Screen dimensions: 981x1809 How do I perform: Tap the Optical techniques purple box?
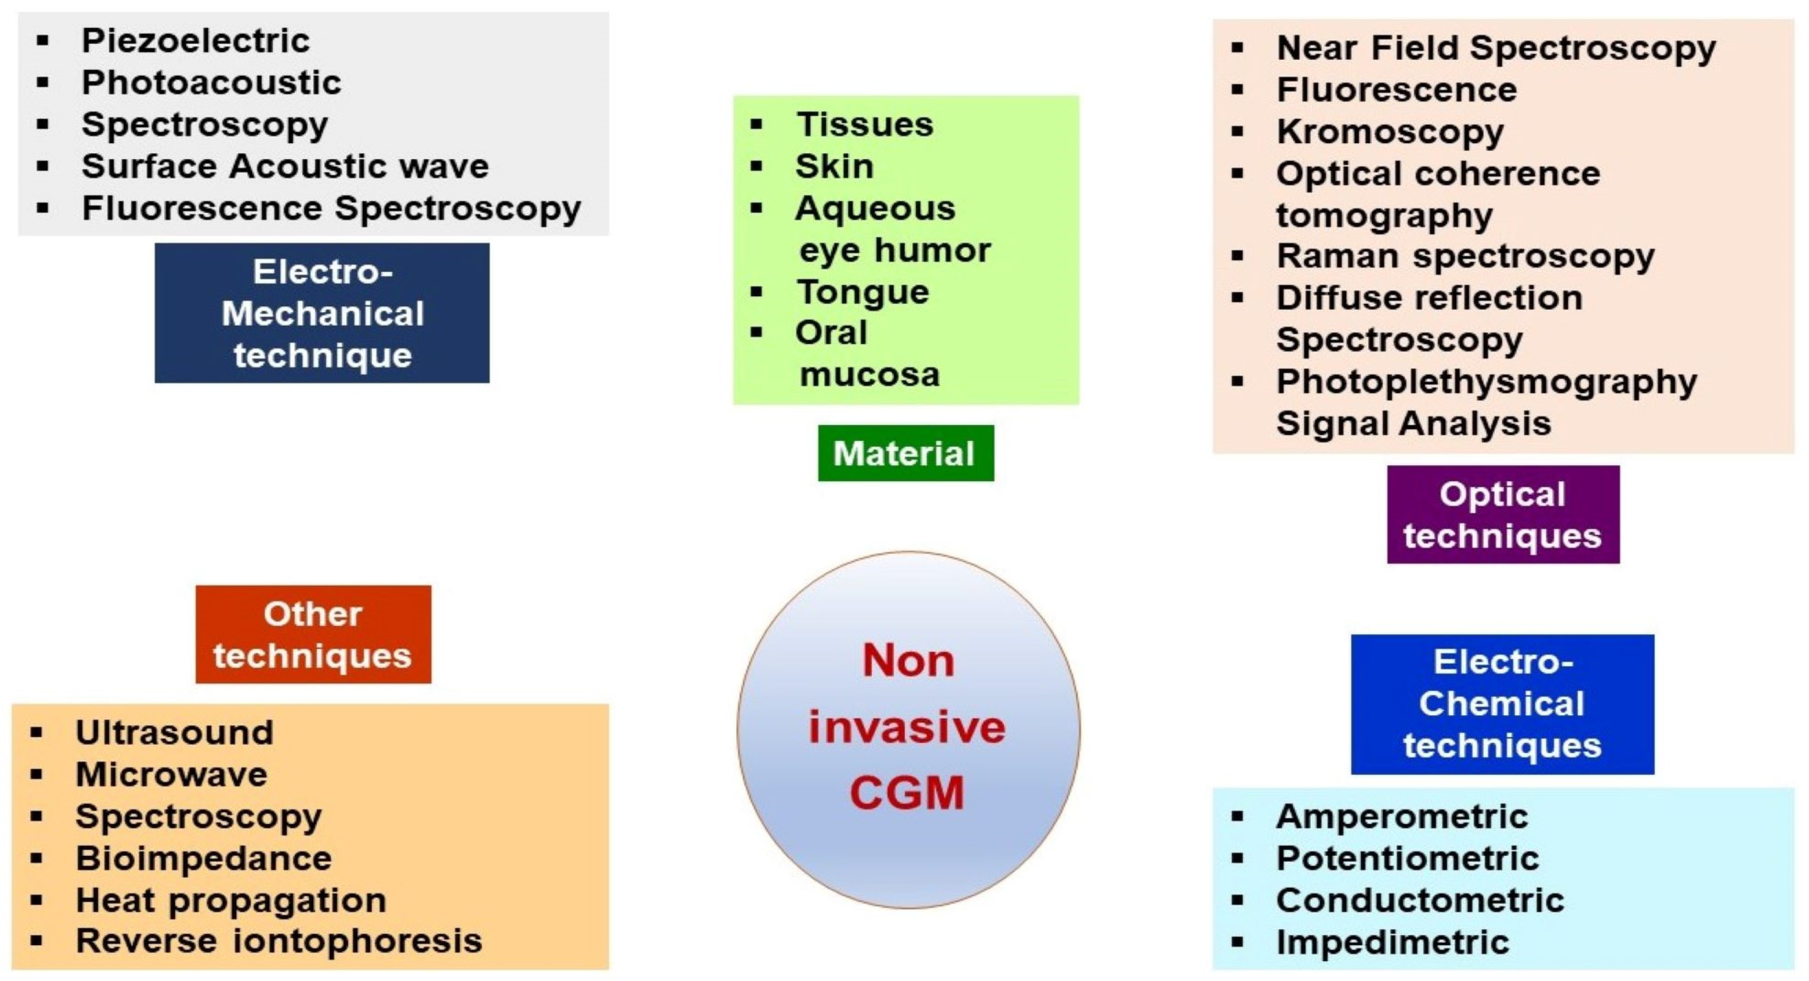click(x=1503, y=514)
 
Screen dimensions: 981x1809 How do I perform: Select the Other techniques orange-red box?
click(x=313, y=634)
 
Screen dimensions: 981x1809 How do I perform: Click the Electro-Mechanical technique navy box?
click(x=322, y=313)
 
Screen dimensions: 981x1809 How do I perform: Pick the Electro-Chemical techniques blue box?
click(x=1502, y=704)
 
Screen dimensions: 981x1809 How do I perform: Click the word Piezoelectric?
click(x=195, y=41)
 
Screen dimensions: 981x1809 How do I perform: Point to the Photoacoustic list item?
click(x=211, y=83)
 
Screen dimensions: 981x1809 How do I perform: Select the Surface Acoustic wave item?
click(x=284, y=167)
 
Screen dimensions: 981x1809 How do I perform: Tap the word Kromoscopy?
click(x=1390, y=131)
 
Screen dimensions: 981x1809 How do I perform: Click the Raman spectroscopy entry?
click(x=1465, y=256)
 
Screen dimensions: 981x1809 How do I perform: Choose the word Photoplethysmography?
click(x=1486, y=382)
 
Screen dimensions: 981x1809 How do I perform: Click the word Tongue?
click(x=863, y=291)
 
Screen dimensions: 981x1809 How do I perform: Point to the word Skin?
click(x=834, y=167)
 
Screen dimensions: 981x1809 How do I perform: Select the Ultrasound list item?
click(x=174, y=733)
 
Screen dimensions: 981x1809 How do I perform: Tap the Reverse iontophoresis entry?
click(x=278, y=941)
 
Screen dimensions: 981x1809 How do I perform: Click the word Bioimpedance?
click(x=203, y=858)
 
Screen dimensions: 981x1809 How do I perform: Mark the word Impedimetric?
click(x=1392, y=942)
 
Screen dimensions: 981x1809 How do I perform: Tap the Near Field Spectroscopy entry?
click(x=1496, y=48)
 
